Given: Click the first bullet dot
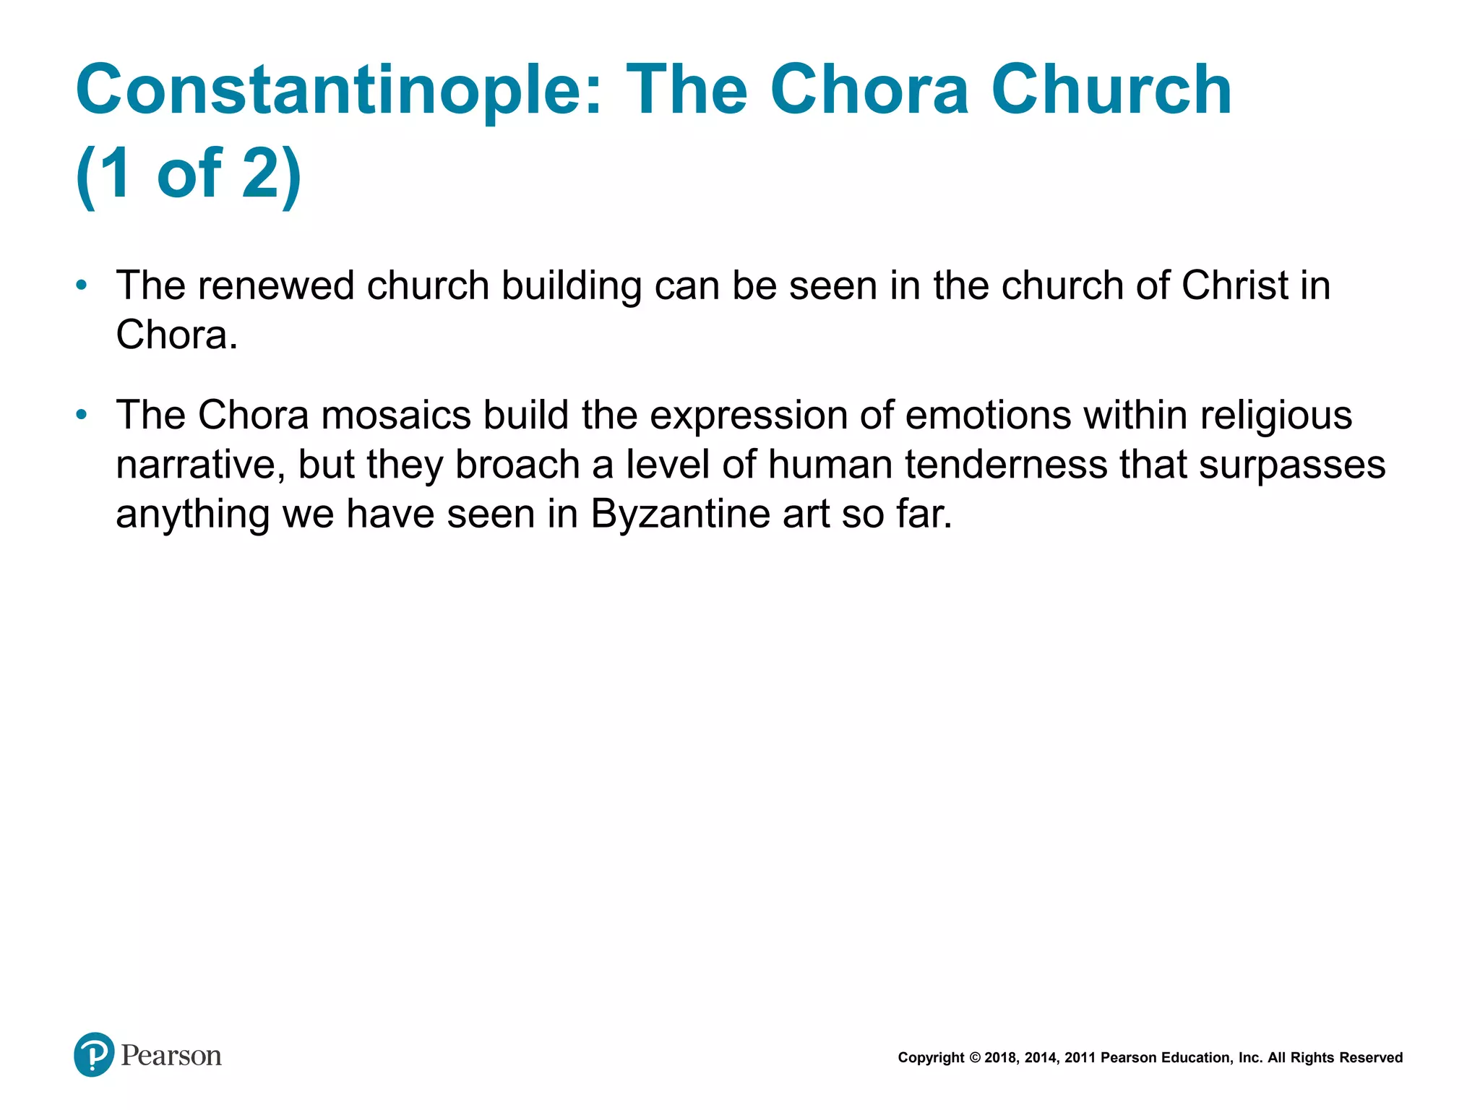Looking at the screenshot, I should pyautogui.click(x=82, y=285).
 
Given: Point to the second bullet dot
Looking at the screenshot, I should pyautogui.click(x=82, y=415).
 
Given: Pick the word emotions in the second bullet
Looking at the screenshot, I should pyautogui.click(x=987, y=416).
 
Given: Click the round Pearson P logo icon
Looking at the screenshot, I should pyautogui.click(x=94, y=1055).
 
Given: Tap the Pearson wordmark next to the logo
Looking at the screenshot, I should pyautogui.click(x=171, y=1056).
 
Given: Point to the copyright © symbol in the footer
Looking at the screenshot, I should pyautogui.click(x=975, y=1058).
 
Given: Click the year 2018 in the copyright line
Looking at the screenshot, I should pyautogui.click(x=1000, y=1058).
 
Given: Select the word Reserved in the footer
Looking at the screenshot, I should pyautogui.click(x=1371, y=1058).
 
